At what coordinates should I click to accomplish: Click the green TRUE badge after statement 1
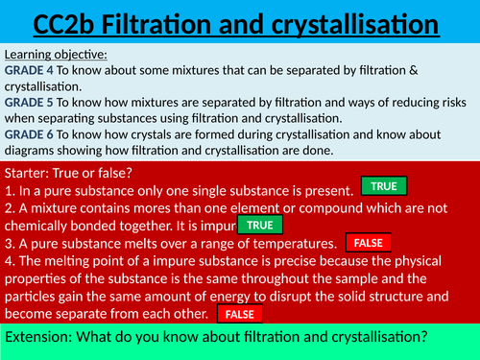[x=384, y=186]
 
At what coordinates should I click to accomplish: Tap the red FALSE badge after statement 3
[x=368, y=244]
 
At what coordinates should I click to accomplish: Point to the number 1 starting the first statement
[x=9, y=190]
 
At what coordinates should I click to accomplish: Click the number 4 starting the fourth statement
[x=9, y=260]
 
